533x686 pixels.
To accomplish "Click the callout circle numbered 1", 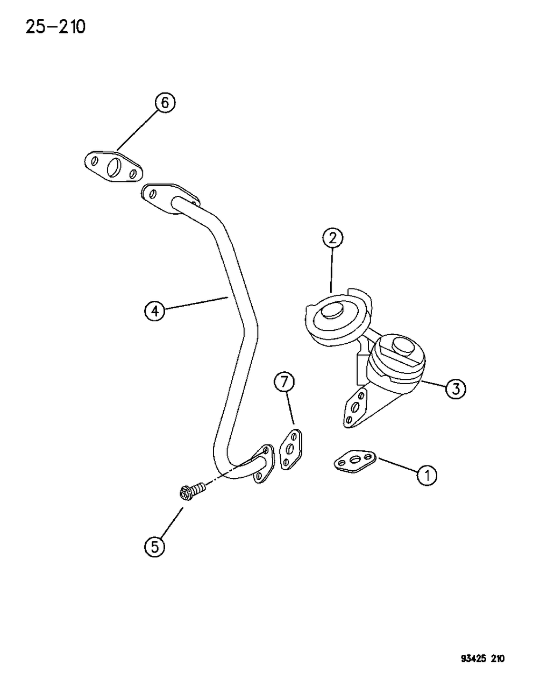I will [x=428, y=475].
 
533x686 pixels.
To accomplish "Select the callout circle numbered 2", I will [x=333, y=238].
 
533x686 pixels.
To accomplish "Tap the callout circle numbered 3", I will [x=455, y=388].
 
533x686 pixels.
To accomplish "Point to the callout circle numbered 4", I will [x=154, y=311].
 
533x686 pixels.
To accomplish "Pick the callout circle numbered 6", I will [x=165, y=102].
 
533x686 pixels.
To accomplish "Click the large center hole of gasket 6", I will [x=115, y=167].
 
